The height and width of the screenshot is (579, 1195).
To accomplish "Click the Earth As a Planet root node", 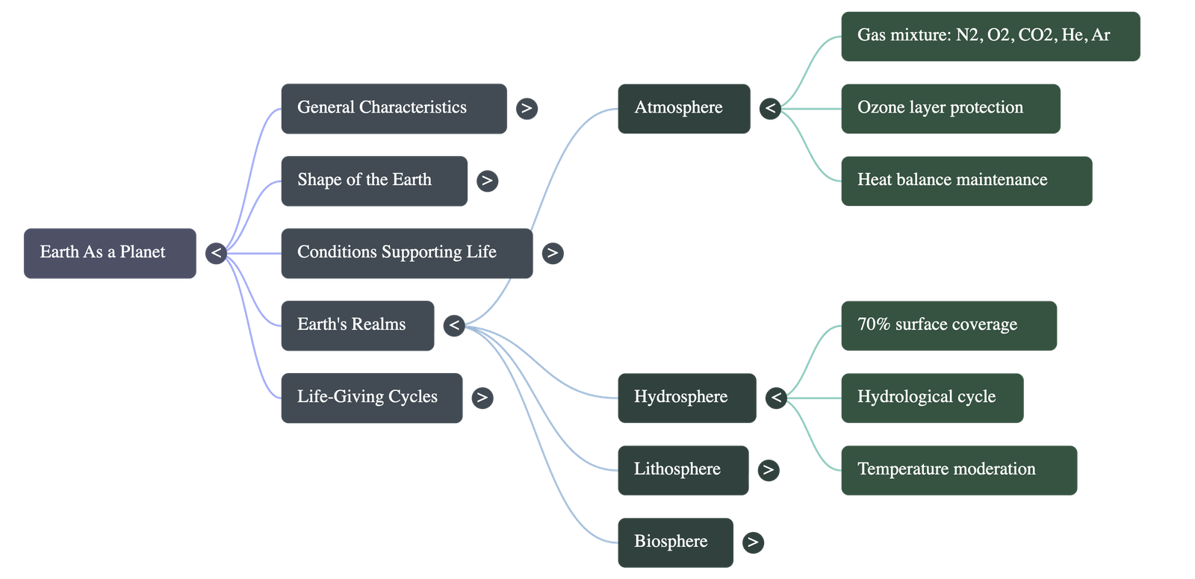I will pyautogui.click(x=110, y=253).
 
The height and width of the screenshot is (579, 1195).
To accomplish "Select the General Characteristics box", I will pyautogui.click(x=393, y=108).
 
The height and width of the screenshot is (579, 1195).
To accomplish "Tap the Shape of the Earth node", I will pyautogui.click(x=373, y=181).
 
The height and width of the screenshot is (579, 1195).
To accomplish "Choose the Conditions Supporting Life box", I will pyautogui.click(x=406, y=253).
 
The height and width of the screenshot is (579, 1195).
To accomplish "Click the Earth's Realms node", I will pyautogui.click(x=357, y=325).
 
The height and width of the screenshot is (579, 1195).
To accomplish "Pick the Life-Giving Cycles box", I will pyautogui.click(x=371, y=398).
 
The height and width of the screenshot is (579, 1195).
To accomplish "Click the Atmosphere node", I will pyautogui.click(x=683, y=108).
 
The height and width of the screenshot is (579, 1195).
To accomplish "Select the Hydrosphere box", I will pyautogui.click(x=686, y=398).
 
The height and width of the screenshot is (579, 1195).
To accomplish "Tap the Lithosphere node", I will pyautogui.click(x=683, y=470).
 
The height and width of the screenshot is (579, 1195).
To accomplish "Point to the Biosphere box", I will pyautogui.click(x=675, y=542).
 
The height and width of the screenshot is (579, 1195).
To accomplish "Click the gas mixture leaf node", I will pyautogui.click(x=990, y=36).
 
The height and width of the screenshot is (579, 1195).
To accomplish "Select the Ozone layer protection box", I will pyautogui.click(x=950, y=108).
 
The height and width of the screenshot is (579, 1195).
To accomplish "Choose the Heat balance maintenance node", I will pyautogui.click(x=966, y=181).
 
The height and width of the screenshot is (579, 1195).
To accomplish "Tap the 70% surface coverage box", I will pyautogui.click(x=949, y=325).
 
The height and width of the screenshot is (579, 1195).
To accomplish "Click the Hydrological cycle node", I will pyautogui.click(x=931, y=398).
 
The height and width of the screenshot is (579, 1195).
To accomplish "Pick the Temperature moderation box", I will pyautogui.click(x=958, y=470).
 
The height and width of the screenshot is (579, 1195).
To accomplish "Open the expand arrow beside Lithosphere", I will pyautogui.click(x=768, y=470).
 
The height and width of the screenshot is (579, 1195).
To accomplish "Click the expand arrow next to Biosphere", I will pyautogui.click(x=753, y=542).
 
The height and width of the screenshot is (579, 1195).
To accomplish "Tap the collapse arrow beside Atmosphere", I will pyautogui.click(x=770, y=109).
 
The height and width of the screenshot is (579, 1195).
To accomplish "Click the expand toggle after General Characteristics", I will pyautogui.click(x=527, y=109).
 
